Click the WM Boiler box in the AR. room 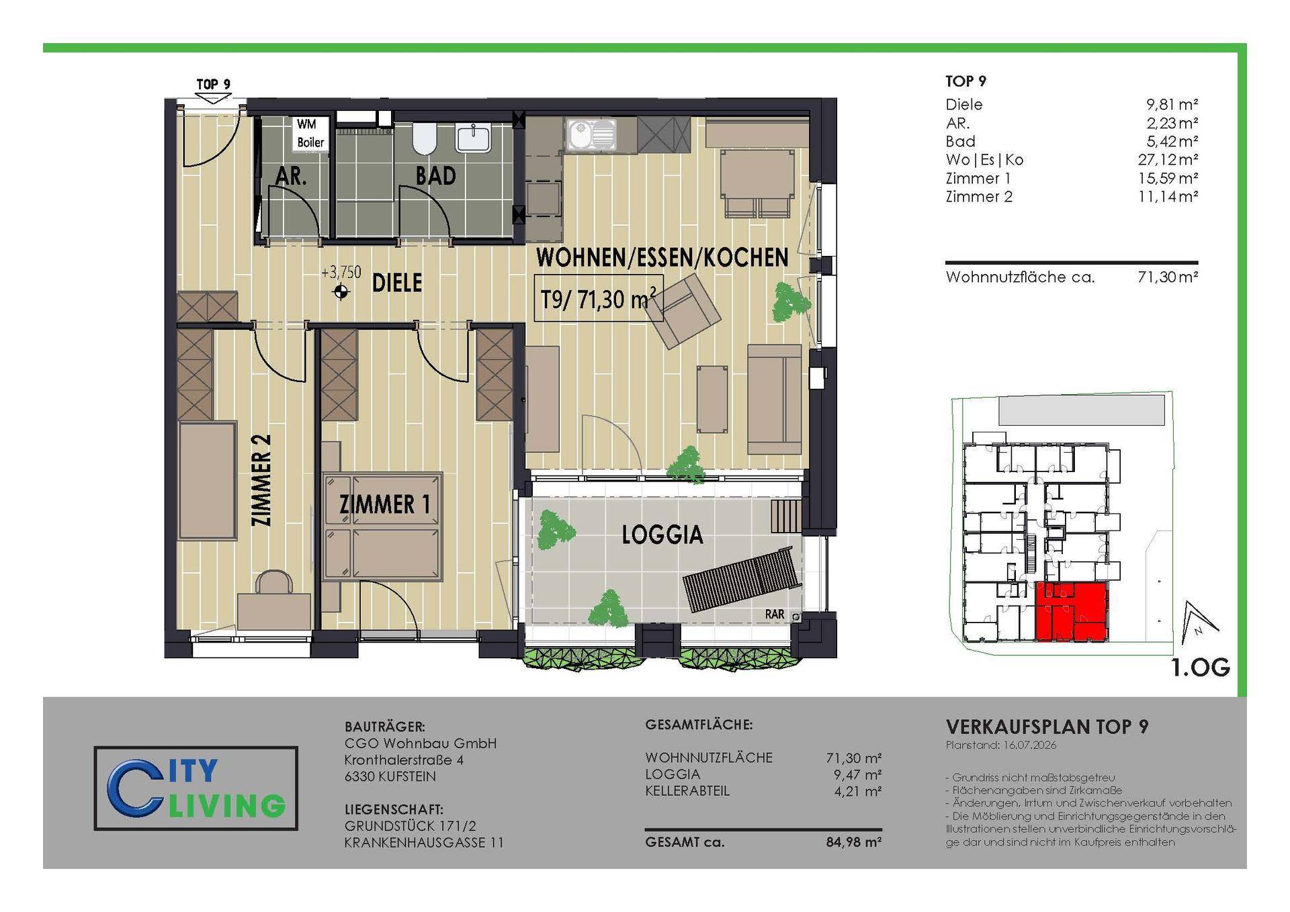pyautogui.click(x=311, y=133)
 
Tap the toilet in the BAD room pyautogui.click(x=425, y=137)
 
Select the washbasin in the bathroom pyautogui.click(x=474, y=137)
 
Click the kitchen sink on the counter pyautogui.click(x=591, y=134)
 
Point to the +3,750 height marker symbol pyautogui.click(x=341, y=292)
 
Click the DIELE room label pyautogui.click(x=397, y=283)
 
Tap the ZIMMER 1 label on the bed pyautogui.click(x=384, y=504)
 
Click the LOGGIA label pyautogui.click(x=662, y=535)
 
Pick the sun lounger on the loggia pyautogui.click(x=742, y=579)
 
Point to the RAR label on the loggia pyautogui.click(x=774, y=614)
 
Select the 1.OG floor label pyautogui.click(x=1201, y=668)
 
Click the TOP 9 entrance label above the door pyautogui.click(x=213, y=84)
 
